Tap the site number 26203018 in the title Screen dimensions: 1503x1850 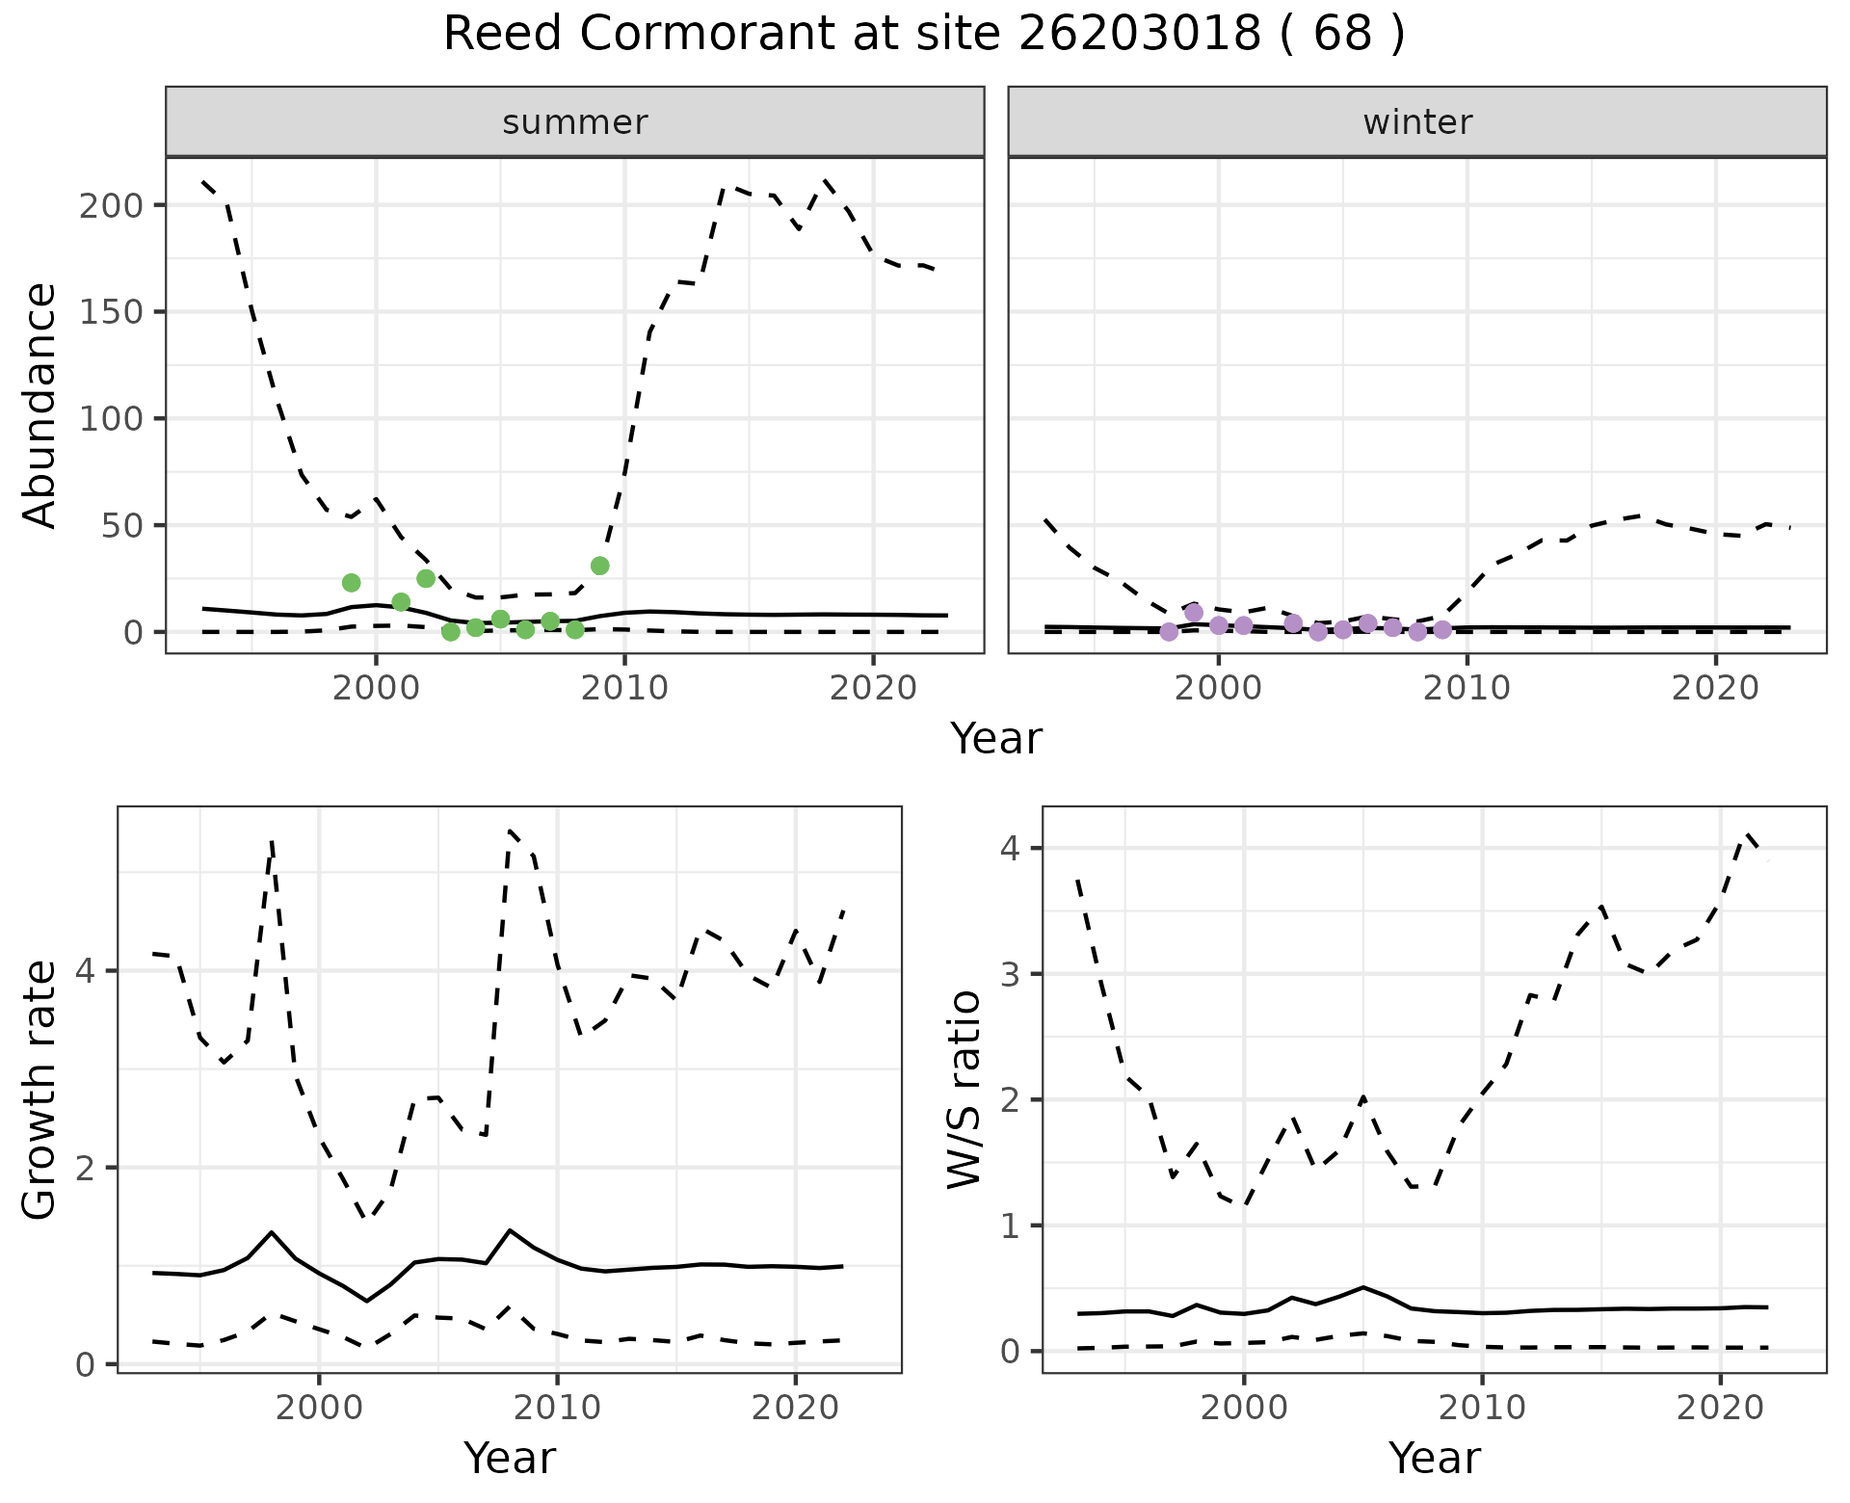(1139, 35)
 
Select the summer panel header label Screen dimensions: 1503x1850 (575, 122)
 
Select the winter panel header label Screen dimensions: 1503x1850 (1417, 122)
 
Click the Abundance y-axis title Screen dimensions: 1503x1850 (40, 406)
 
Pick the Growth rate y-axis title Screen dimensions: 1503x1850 (40, 1090)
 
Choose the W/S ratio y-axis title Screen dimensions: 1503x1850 (965, 1090)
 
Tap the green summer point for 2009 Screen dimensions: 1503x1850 (599, 566)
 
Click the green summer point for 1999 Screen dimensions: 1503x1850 (351, 583)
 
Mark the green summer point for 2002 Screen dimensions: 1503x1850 (426, 578)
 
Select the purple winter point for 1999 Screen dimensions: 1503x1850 (1194, 613)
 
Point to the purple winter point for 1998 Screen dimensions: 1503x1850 (1169, 632)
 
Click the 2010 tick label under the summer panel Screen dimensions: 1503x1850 (624, 688)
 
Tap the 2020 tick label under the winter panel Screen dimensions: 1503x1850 (1715, 688)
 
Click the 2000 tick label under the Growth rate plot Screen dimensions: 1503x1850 (319, 1408)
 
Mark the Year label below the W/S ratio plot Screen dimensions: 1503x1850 (1434, 1459)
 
